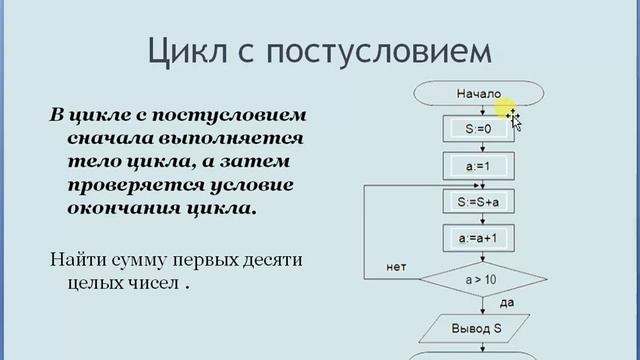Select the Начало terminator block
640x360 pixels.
477,94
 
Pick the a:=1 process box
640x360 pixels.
477,166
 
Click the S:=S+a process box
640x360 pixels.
477,202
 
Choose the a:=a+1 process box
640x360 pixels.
477,238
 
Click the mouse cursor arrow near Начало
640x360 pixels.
515,121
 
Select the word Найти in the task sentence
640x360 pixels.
75,262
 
